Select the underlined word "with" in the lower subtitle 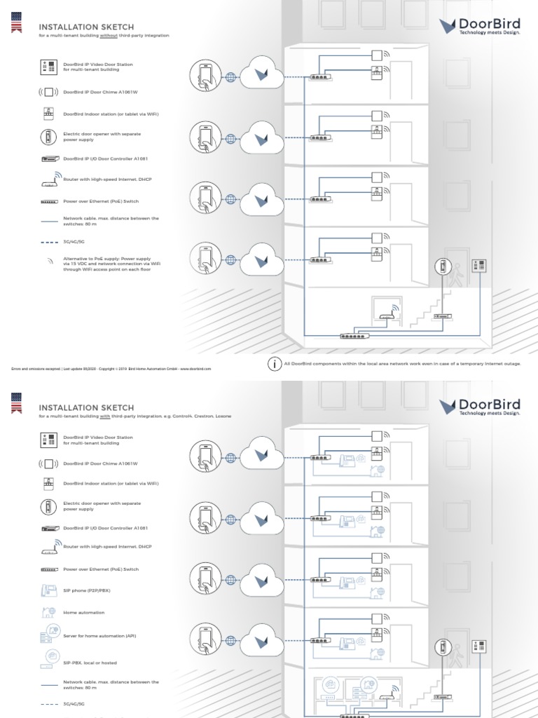coord(106,416)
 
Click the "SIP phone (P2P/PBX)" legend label coord(87,590)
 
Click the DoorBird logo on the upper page coord(480,27)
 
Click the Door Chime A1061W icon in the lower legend coord(48,463)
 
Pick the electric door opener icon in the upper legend coord(48,136)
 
